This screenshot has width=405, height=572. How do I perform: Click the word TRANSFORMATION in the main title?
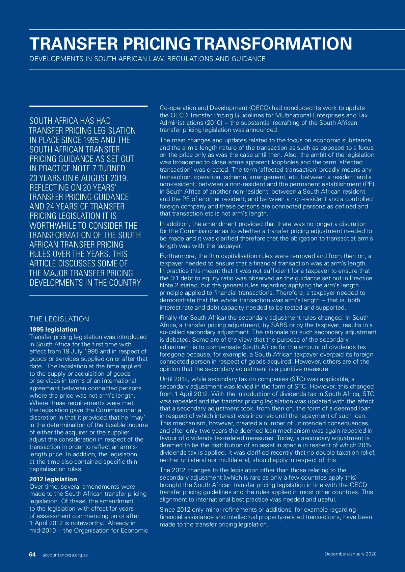273,44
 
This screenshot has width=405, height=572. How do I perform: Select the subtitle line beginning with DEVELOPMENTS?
147,59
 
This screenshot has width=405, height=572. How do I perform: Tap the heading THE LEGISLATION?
59,319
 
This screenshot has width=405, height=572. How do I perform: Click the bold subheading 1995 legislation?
53,330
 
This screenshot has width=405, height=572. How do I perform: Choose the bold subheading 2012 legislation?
53,479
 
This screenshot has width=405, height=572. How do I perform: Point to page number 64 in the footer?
32,554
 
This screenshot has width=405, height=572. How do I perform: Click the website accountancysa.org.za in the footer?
65,555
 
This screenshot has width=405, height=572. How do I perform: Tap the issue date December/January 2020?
350,554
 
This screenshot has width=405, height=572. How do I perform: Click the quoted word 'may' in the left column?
137,418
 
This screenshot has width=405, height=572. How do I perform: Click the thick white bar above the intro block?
88,106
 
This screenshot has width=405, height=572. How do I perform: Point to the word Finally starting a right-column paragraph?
169,318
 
